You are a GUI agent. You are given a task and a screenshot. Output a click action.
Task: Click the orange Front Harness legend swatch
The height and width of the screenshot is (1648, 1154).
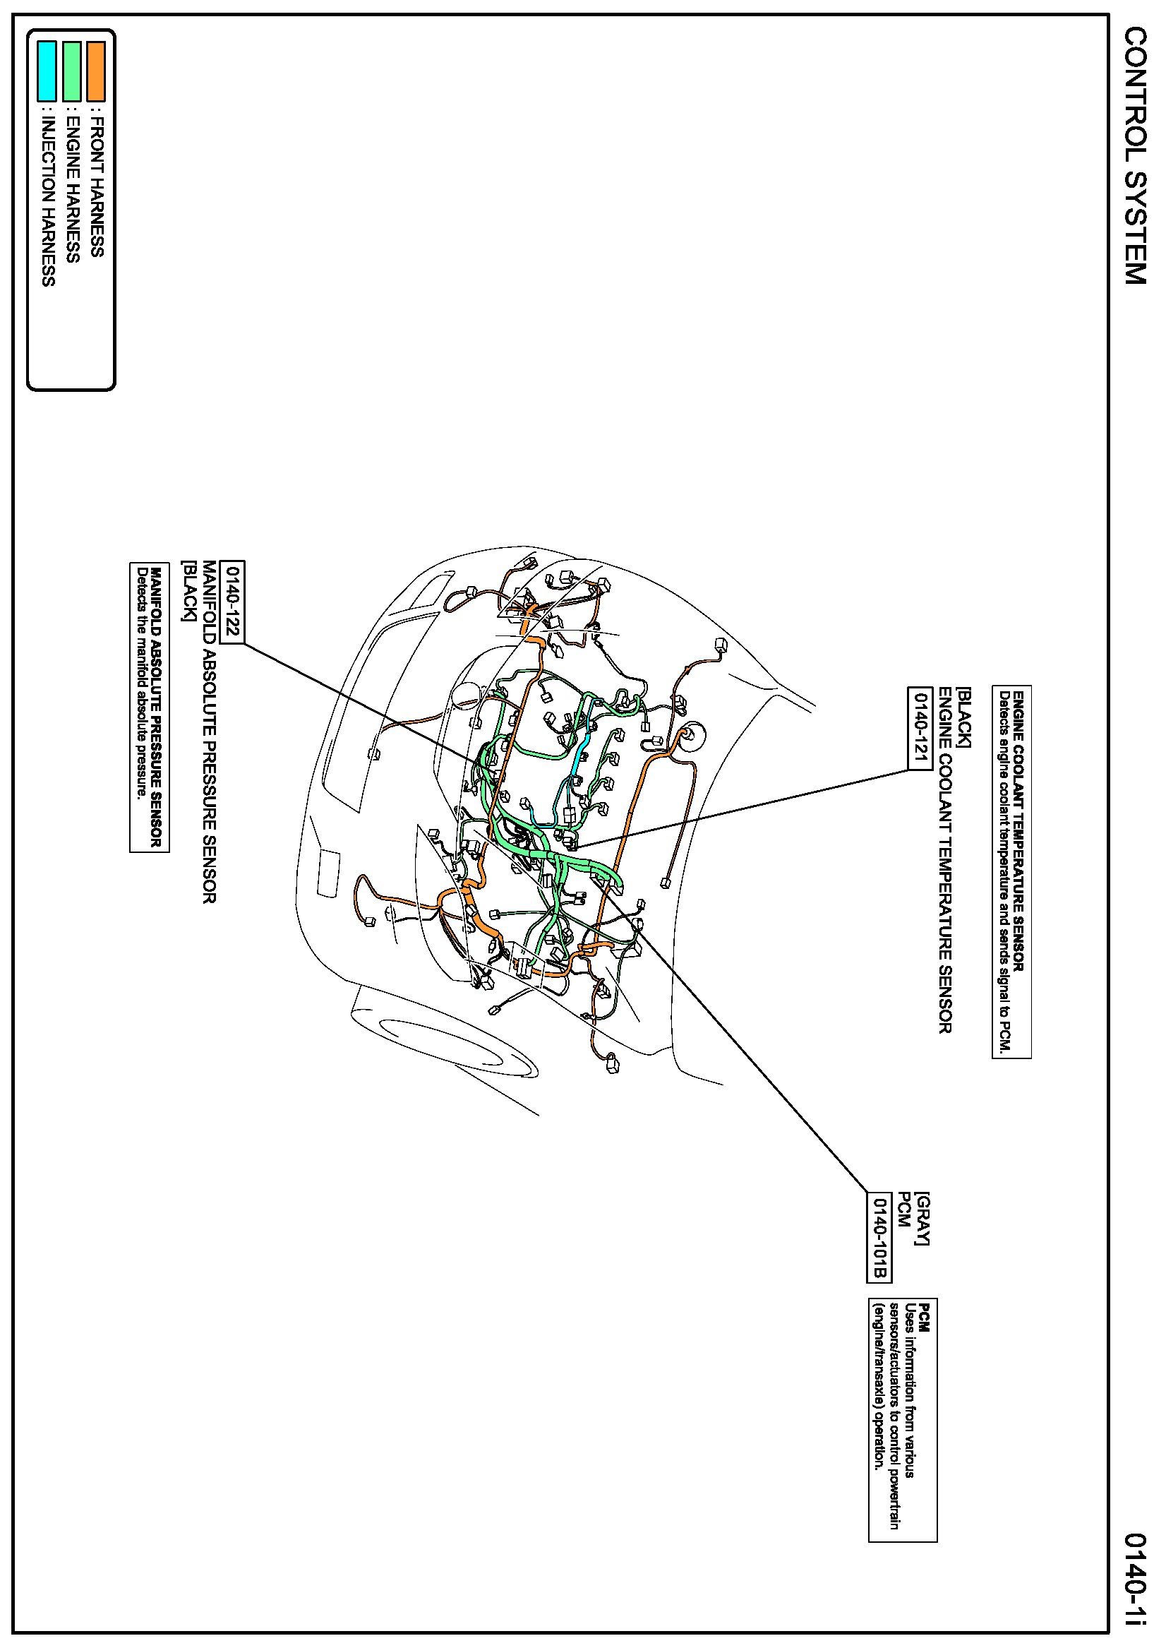click(95, 71)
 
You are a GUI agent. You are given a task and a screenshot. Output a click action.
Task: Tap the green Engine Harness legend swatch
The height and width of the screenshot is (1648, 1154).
click(72, 71)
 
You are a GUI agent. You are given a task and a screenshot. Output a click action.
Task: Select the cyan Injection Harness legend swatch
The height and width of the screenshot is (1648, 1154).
click(47, 71)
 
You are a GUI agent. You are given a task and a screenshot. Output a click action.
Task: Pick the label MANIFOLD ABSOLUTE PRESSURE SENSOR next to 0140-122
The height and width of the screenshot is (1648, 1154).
click(209, 732)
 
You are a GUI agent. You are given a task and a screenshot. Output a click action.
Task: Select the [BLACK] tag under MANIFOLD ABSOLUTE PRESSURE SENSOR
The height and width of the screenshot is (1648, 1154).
click(188, 591)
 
